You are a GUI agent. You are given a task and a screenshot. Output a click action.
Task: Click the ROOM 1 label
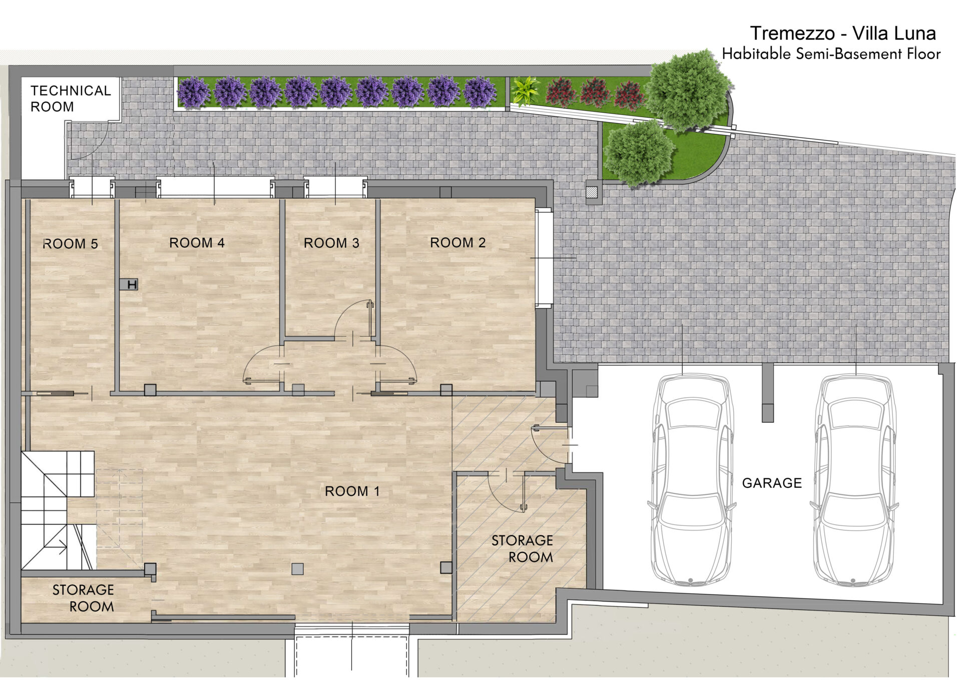coord(352,491)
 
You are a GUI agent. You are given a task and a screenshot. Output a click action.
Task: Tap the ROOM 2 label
coord(457,243)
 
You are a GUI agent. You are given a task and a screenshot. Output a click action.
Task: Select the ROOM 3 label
coord(331,243)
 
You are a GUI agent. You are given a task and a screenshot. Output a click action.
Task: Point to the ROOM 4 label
coord(197,243)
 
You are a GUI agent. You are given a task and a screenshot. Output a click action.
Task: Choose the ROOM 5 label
coord(70,244)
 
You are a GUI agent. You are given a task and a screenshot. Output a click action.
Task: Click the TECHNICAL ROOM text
coord(71,99)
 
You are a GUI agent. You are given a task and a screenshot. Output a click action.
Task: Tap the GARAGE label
coord(772,483)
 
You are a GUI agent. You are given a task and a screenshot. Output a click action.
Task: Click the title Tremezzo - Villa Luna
coord(843,34)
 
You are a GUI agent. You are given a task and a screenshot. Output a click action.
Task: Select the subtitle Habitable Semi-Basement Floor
coord(831,54)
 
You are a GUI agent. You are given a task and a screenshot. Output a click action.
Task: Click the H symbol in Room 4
coord(129,285)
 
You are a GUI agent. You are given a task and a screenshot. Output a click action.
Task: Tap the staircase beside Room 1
coord(58,510)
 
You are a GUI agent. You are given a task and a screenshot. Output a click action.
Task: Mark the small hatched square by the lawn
coord(593,192)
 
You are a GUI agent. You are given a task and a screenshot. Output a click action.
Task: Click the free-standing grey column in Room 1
coord(297,569)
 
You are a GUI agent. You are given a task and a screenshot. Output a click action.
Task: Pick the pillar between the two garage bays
coord(767,393)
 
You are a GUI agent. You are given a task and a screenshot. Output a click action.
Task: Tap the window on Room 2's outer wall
coord(544,258)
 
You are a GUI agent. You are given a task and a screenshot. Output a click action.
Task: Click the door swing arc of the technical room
coord(95,148)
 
